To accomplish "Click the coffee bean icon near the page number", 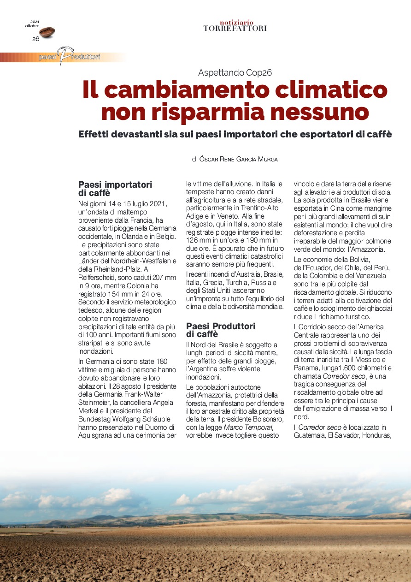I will click(x=47, y=32).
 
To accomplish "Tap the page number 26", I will click(x=35, y=39).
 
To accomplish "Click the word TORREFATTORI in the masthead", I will click(x=235, y=29).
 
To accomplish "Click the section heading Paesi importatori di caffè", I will click(x=115, y=189).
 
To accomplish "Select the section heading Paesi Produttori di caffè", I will click(x=220, y=330).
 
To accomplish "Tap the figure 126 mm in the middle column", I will click(x=198, y=240).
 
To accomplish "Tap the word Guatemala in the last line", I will click(x=309, y=435).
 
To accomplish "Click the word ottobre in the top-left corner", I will click(x=32, y=26).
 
